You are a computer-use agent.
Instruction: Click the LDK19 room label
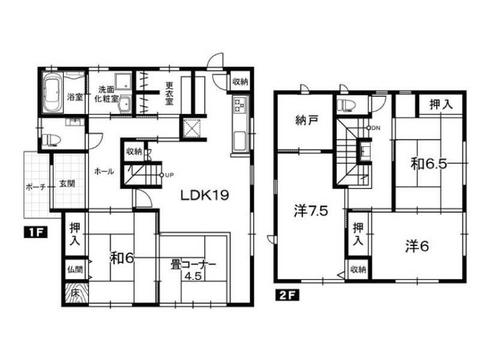pos(205,195)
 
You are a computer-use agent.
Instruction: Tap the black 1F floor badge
pos(35,233)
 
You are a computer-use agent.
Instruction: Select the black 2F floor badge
pos(287,295)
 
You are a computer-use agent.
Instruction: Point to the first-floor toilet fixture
pos(51,140)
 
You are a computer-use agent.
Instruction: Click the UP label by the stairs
pos(169,175)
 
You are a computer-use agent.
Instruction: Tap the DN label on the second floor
pos(376,128)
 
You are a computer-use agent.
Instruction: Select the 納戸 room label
pos(307,121)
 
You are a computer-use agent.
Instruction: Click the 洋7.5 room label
pos(311,211)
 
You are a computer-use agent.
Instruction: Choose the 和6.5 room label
pos(428,164)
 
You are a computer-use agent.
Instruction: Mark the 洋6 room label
pos(417,247)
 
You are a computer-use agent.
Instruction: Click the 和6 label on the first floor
pos(122,259)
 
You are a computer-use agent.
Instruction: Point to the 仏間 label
pos(75,269)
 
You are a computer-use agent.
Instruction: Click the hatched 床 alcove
pos(76,293)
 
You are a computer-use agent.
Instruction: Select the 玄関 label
pos(67,184)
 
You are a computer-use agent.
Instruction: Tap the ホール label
pos(104,172)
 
